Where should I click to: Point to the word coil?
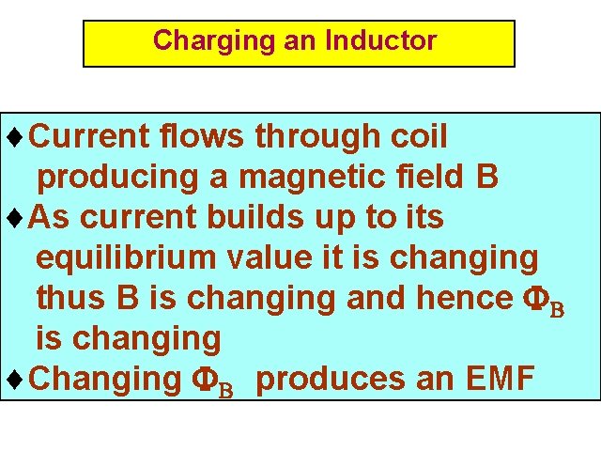[x=418, y=137]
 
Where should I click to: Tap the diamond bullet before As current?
[x=12, y=218]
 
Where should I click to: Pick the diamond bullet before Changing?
[x=12, y=380]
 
